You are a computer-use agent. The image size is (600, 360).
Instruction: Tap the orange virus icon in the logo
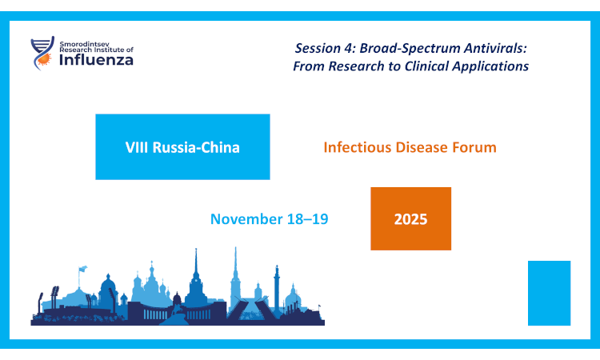point(47,58)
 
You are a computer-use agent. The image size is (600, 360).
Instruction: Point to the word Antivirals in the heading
point(490,49)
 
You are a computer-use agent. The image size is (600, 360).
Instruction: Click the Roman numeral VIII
point(138,147)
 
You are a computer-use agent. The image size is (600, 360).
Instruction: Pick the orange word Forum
point(475,147)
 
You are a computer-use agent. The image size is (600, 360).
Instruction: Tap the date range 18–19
point(308,218)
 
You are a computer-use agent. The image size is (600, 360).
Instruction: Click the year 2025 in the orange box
point(410,218)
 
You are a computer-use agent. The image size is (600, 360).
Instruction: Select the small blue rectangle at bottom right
point(549,293)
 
